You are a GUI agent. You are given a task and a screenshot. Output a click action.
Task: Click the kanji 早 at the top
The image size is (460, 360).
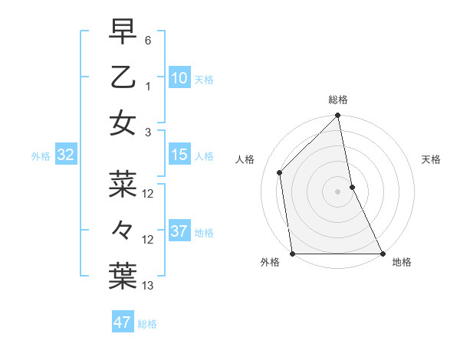tap(123, 31)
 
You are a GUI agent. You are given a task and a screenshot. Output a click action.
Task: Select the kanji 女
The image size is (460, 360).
tap(123, 123)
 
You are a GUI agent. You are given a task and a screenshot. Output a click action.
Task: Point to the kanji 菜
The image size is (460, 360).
tap(123, 184)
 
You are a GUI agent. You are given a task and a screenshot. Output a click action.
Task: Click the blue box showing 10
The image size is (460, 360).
tap(179, 77)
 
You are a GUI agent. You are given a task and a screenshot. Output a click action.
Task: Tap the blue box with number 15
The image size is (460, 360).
tap(179, 155)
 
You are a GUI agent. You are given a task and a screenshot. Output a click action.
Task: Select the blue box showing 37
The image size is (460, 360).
tap(179, 231)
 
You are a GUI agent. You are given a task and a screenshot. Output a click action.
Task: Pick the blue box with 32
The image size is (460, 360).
tap(65, 155)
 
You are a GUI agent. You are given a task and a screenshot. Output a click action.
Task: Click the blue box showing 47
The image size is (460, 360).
tap(122, 322)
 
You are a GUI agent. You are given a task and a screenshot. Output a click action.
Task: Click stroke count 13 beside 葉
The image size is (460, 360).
tap(148, 286)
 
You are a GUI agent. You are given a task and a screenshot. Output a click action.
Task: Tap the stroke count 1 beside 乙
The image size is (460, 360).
tap(148, 87)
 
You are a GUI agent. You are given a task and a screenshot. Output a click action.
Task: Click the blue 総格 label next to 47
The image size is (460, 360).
tap(147, 324)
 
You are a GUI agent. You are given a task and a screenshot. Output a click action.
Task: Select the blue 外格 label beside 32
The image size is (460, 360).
tap(41, 156)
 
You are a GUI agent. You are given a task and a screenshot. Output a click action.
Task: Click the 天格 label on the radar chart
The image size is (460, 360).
tap(431, 159)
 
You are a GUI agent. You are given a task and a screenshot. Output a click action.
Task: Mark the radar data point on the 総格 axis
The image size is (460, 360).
tap(337, 116)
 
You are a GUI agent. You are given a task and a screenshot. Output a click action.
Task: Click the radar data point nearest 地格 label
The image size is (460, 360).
tap(382, 254)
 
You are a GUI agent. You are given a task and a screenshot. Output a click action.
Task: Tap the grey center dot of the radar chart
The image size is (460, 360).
tap(337, 191)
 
